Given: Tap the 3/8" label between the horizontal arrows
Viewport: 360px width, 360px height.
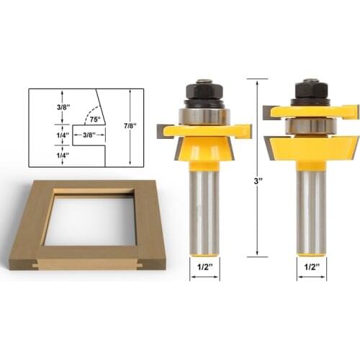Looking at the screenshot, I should click(x=90, y=134).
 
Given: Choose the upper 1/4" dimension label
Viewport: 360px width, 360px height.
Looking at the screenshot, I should click(x=46, y=134).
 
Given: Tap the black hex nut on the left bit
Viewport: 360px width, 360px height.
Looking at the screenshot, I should click(x=204, y=93).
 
